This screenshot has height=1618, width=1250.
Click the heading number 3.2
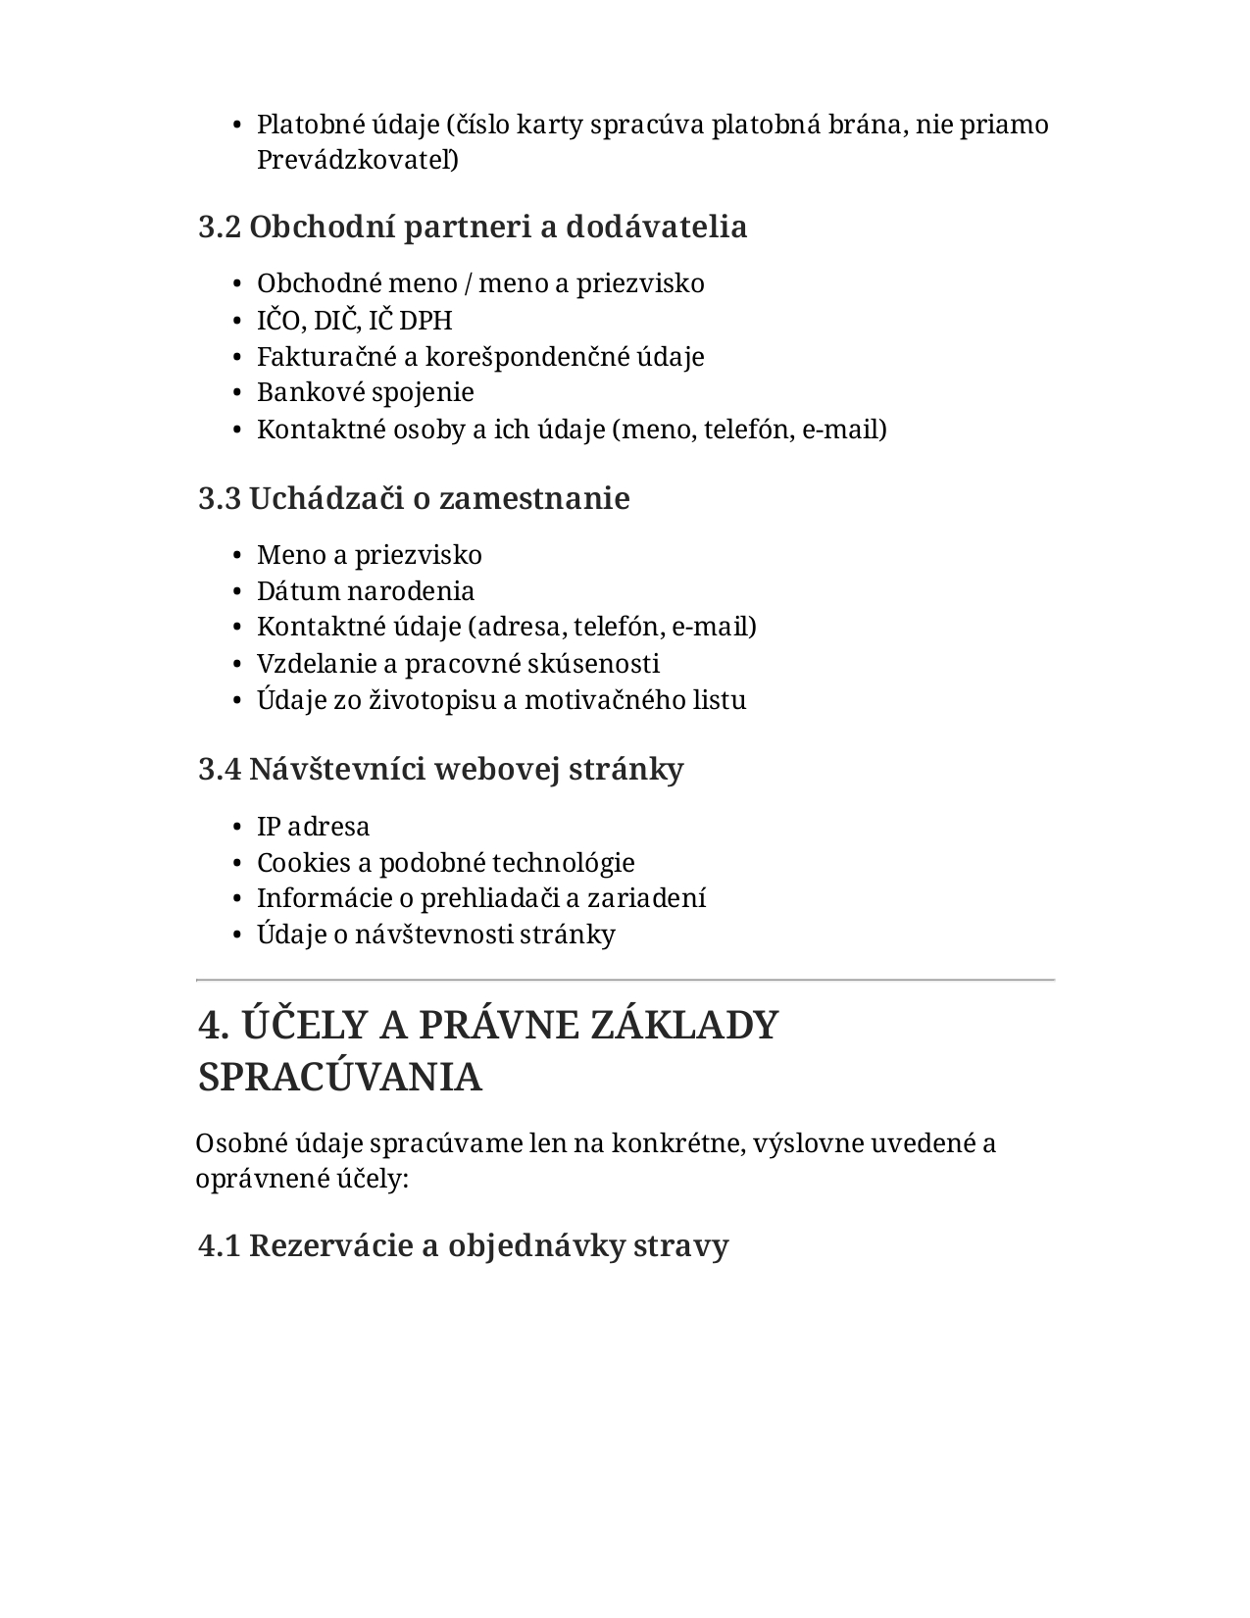tap(219, 228)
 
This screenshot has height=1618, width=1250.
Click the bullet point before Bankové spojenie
tap(237, 393)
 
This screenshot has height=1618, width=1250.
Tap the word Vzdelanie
tap(315, 664)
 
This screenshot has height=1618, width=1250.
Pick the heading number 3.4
tap(219, 770)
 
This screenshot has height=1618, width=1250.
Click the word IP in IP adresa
tap(269, 827)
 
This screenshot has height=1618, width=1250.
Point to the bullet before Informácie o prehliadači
tap(237, 899)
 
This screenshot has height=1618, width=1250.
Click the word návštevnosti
tap(439, 935)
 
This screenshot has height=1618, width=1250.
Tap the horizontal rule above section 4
tap(625, 980)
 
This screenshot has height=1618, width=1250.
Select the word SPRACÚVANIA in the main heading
tap(340, 1078)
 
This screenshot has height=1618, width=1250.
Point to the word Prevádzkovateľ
tap(357, 160)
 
